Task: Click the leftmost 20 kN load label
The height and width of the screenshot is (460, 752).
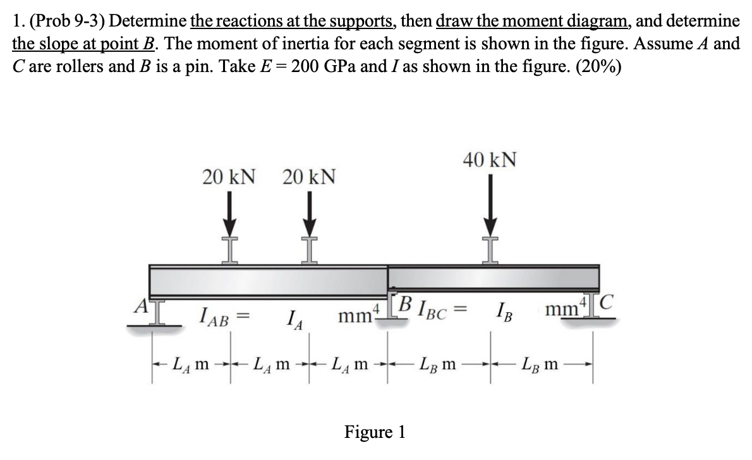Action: pyautogui.click(x=229, y=178)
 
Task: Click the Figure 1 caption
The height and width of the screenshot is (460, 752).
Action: pyautogui.click(x=374, y=432)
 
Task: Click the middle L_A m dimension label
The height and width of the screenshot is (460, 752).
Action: pyautogui.click(x=272, y=366)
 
